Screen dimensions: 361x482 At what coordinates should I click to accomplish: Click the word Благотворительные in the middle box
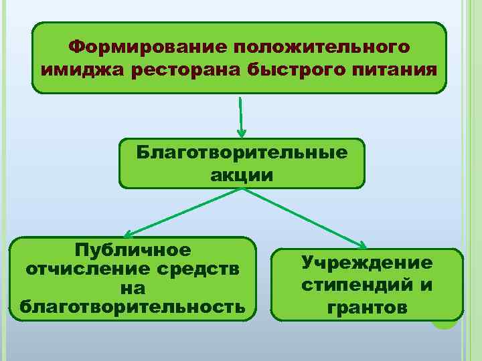(242, 153)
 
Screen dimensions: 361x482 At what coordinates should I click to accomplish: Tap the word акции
(242, 175)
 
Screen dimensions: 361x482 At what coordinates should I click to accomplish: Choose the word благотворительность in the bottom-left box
(133, 307)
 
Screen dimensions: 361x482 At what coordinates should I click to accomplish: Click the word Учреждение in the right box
(367, 263)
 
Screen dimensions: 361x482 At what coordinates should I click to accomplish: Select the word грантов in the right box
(367, 308)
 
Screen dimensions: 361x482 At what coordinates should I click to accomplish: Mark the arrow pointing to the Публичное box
(181, 213)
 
